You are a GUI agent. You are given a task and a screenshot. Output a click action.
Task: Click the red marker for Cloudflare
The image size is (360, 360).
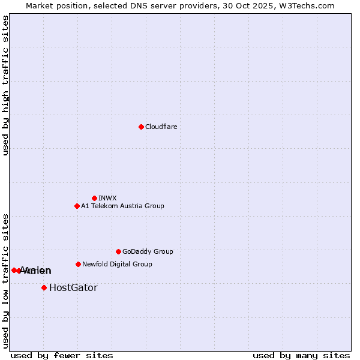141,127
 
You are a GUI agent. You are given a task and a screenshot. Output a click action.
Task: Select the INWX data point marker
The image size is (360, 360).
94,198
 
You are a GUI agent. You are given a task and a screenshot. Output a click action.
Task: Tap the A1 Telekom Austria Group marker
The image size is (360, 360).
77,206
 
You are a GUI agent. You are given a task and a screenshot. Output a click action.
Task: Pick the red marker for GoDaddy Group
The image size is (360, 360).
118,251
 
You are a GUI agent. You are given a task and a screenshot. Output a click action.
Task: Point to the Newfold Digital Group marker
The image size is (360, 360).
78,264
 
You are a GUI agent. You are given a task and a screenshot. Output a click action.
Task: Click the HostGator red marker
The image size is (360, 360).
44,287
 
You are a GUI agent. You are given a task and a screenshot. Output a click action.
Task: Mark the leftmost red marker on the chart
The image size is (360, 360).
14,270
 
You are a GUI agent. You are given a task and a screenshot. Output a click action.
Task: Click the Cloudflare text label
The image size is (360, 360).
161,127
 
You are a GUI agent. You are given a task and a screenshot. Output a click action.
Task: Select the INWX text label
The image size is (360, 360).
107,198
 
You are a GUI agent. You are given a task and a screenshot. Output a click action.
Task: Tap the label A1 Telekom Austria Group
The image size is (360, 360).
122,206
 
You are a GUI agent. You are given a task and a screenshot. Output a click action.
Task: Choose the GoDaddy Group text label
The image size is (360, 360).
148,251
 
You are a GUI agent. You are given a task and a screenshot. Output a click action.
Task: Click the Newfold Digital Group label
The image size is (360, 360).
117,264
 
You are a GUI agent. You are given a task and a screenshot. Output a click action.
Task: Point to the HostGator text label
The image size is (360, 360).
73,287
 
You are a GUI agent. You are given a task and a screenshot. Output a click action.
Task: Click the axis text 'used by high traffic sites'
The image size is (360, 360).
6,85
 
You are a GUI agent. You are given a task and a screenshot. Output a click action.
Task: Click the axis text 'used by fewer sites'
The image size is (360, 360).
62,355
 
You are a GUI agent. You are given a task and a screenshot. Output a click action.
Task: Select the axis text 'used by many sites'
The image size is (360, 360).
301,355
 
